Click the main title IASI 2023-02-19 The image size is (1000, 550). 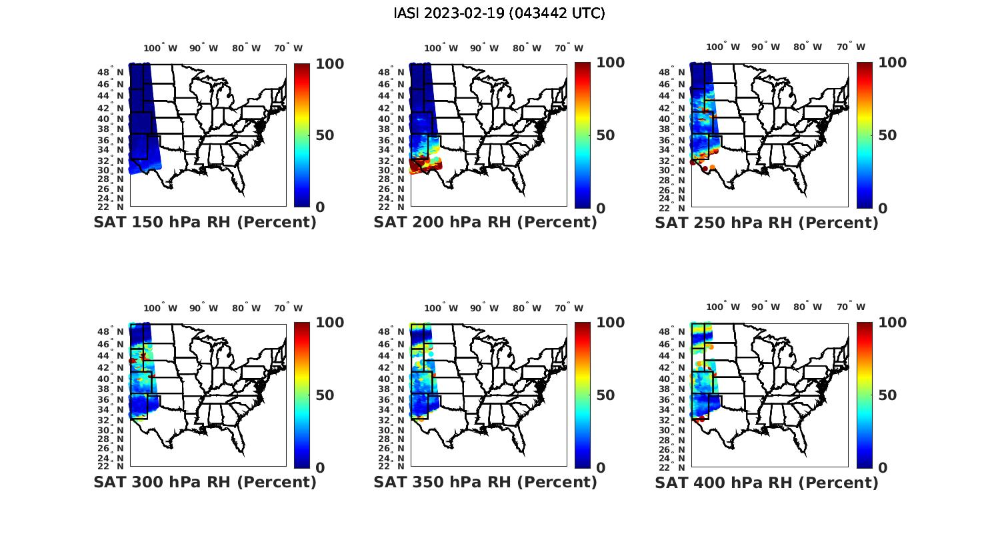click(x=499, y=13)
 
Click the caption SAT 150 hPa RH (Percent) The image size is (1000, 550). click(x=205, y=223)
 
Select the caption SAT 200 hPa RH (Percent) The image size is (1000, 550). click(x=485, y=223)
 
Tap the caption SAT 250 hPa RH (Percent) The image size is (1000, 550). click(x=767, y=223)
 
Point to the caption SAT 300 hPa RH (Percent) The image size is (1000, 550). click(x=205, y=482)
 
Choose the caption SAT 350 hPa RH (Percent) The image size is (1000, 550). click(x=485, y=482)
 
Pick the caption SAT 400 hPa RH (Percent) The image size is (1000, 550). click(x=767, y=482)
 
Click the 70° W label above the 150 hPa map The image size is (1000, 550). click(x=288, y=48)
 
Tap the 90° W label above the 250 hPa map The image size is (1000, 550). click(x=765, y=47)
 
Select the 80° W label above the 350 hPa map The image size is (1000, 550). click(x=527, y=308)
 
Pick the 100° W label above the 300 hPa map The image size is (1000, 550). click(x=161, y=308)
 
